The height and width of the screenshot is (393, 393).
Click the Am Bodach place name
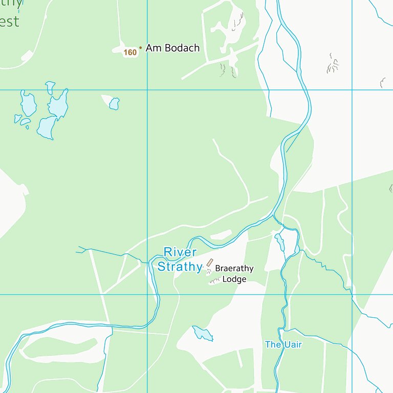172,48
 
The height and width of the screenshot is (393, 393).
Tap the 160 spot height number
130,52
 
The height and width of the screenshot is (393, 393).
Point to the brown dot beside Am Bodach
141,48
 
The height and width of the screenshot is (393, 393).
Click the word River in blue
180,252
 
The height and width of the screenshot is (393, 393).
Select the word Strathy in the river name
180,267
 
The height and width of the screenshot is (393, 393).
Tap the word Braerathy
234,268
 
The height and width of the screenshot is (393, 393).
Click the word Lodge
234,279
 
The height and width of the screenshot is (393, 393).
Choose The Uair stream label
283,344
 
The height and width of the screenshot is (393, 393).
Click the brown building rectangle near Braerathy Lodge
210,263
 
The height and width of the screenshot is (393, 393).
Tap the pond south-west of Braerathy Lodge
203,334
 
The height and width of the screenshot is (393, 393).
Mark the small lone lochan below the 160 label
114,103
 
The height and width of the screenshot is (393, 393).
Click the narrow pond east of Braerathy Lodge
279,241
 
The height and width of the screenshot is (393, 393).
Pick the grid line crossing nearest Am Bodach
147,90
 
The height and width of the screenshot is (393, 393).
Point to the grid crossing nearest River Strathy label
147,294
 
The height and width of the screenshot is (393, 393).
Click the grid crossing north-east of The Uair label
352,294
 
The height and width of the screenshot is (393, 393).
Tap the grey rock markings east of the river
333,63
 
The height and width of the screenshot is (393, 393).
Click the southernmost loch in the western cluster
47,128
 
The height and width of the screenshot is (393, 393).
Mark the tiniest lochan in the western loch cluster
27,126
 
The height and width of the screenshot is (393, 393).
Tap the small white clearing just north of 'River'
221,235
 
